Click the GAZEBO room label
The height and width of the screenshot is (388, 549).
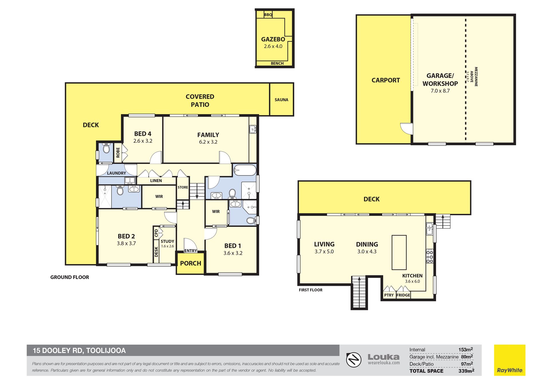[273, 39]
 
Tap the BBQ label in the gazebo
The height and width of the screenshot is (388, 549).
[268, 15]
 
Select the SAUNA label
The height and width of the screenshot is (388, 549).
[281, 100]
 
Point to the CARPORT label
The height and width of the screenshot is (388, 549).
[385, 80]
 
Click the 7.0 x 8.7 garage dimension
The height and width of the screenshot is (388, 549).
[440, 91]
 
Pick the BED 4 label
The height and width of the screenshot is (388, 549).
[143, 134]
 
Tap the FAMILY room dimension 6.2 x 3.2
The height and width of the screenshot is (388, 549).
[208, 142]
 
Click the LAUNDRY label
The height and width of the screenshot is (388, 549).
[116, 173]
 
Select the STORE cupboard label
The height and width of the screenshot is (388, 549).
[183, 187]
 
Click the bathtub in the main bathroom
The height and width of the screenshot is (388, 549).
[245, 170]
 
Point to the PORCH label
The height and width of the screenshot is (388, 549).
[191, 263]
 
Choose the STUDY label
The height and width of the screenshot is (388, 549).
[167, 241]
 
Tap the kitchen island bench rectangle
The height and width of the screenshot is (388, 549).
[399, 252]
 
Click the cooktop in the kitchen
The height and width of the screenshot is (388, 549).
[430, 256]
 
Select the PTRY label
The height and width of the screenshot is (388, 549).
[389, 295]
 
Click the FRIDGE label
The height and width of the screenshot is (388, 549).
[403, 295]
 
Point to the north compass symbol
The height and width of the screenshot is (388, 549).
[354, 360]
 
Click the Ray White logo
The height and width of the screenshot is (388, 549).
[510, 360]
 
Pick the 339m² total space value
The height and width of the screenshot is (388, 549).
[466, 371]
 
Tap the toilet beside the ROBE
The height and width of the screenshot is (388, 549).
[106, 149]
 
